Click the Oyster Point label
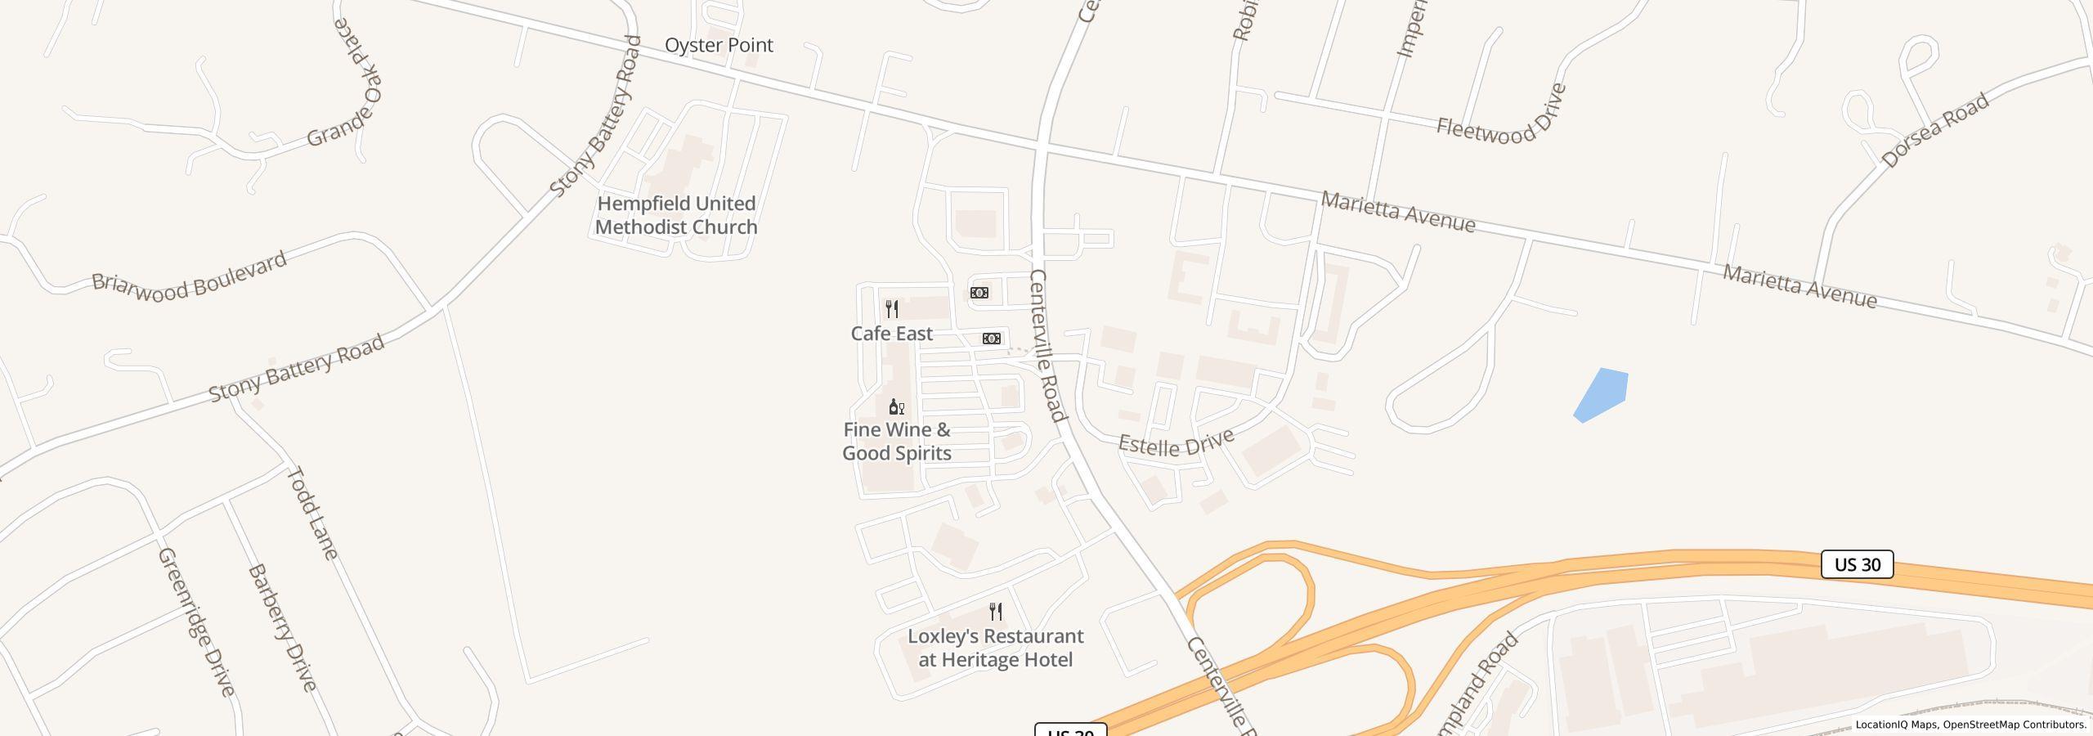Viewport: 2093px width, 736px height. coord(719,45)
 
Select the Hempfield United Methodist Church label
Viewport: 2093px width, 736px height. coord(676,215)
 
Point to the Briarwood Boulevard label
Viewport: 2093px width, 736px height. coord(189,276)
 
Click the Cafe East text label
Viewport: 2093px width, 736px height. coord(891,334)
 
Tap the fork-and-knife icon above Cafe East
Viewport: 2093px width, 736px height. coord(892,309)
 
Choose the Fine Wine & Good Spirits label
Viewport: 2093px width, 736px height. coord(897,442)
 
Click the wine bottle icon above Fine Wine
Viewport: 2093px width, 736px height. coord(896,406)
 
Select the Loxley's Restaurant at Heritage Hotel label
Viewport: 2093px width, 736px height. coord(995,648)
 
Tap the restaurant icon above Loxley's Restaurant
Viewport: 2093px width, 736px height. coord(996,612)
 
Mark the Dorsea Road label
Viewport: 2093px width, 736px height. coord(1934,131)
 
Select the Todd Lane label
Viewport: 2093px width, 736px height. coord(311,513)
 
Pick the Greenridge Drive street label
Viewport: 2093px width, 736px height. coord(196,622)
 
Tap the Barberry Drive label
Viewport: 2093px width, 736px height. coord(282,626)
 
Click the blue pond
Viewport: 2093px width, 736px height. coord(1601,395)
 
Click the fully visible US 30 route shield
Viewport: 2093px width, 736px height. coord(1857,564)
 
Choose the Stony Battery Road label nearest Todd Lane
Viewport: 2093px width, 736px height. coord(296,369)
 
